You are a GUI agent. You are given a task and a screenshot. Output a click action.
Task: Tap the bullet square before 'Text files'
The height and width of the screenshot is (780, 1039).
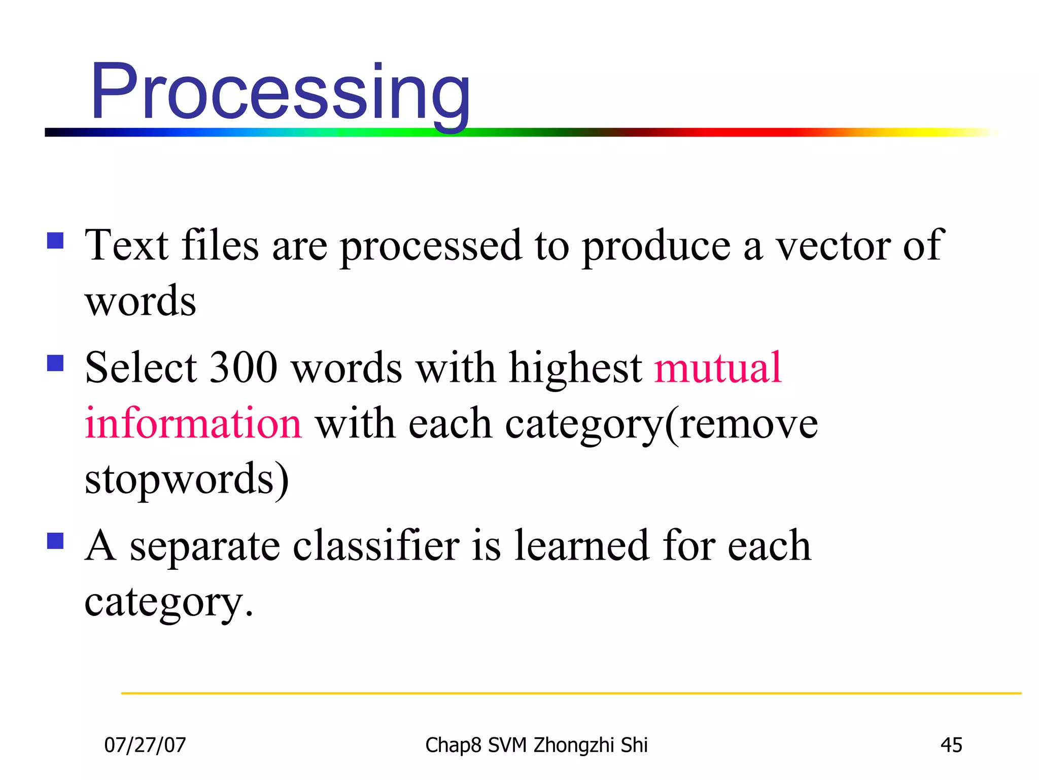(x=55, y=240)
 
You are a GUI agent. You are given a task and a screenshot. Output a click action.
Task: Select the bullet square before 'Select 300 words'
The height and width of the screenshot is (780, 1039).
(x=55, y=363)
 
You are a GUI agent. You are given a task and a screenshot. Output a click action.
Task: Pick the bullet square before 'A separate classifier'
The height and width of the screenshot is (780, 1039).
(x=55, y=541)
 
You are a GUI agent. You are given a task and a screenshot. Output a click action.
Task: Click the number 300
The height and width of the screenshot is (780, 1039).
(x=243, y=368)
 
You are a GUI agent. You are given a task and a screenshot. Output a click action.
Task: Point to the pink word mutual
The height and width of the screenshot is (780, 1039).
(x=718, y=368)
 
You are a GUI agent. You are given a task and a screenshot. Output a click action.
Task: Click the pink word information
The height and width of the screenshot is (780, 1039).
(x=193, y=424)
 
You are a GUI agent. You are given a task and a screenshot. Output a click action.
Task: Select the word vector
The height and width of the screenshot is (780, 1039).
(x=833, y=246)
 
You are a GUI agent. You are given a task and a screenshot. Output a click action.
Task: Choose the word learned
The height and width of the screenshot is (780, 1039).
(x=582, y=546)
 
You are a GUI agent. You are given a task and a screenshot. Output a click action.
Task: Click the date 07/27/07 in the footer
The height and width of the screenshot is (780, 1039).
(x=145, y=745)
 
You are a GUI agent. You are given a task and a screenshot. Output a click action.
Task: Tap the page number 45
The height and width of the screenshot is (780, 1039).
(x=951, y=745)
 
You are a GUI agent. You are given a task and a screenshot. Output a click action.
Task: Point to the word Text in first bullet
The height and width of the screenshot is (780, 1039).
(x=126, y=246)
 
